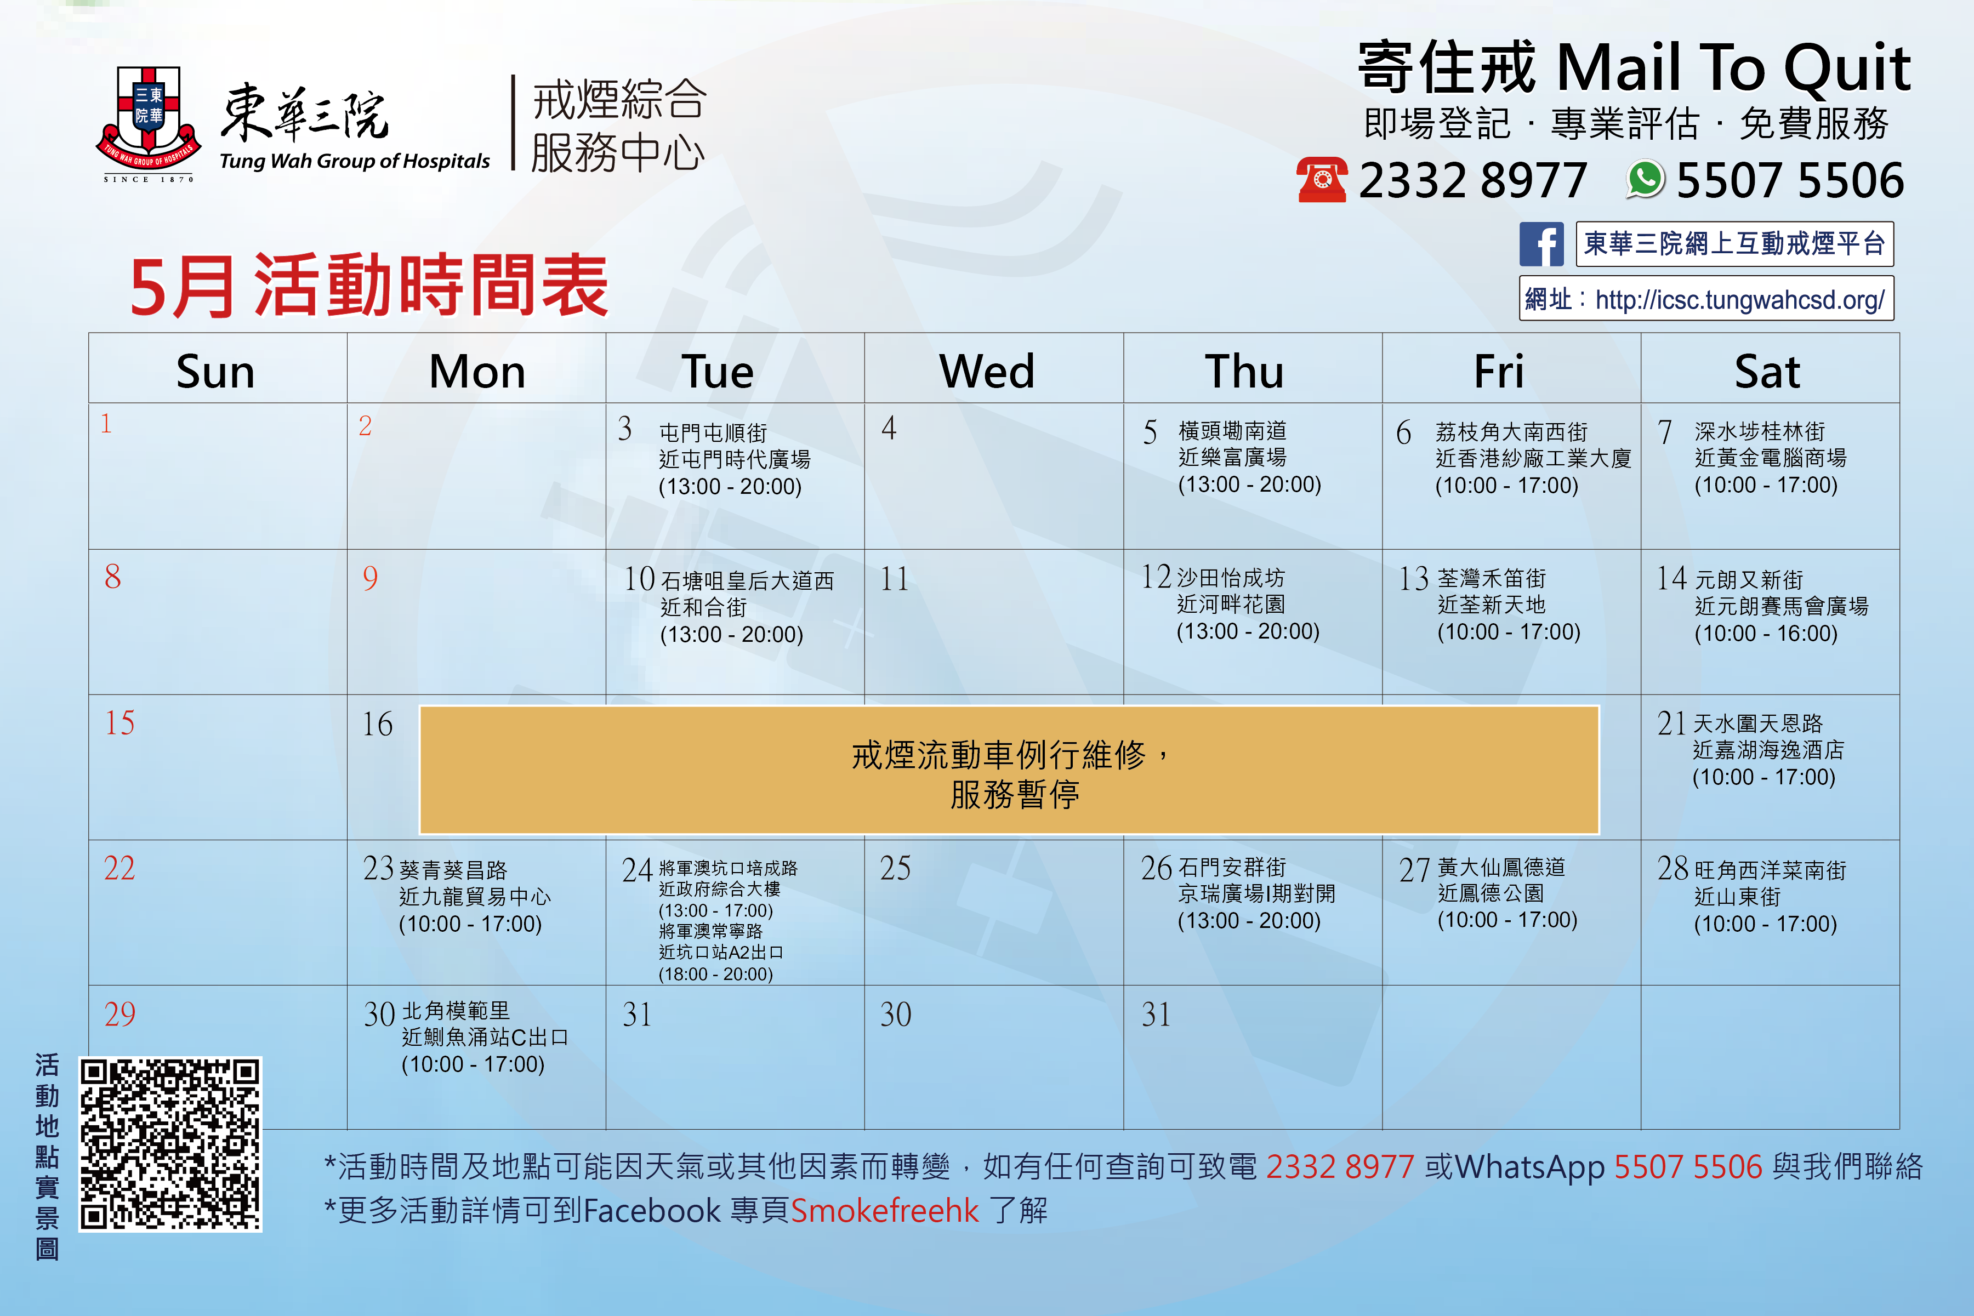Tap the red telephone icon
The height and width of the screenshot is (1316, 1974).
(1322, 180)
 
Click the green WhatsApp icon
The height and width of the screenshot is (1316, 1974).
(1645, 180)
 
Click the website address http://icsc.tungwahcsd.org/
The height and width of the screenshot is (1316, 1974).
(1740, 300)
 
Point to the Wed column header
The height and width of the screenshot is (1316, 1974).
(987, 371)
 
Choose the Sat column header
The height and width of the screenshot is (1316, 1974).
(1767, 371)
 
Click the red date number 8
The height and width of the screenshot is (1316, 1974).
(112, 577)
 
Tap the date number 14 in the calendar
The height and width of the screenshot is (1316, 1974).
(1671, 578)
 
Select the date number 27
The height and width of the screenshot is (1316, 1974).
(1414, 869)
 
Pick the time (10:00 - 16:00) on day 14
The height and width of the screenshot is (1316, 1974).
(1766, 634)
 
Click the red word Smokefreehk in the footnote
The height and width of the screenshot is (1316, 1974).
(885, 1210)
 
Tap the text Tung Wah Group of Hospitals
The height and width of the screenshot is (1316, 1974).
(354, 161)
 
